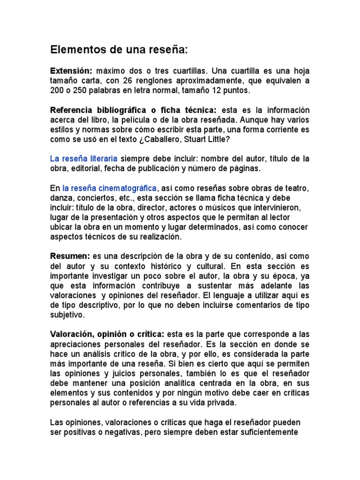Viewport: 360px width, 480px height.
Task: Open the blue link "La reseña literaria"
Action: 84,158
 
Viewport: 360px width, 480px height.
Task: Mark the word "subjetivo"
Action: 67,315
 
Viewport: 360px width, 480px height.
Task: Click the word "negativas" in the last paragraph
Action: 120,432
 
